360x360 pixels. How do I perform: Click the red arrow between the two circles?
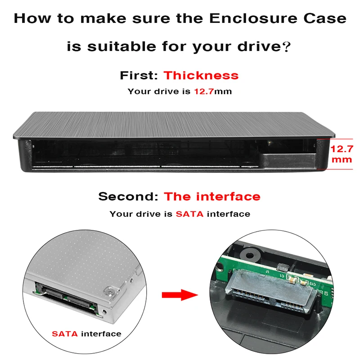click(x=180, y=295)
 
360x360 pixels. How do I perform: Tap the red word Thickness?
click(x=201, y=75)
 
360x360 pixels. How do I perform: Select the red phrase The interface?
click(x=212, y=197)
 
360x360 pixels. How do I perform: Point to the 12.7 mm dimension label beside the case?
click(x=342, y=154)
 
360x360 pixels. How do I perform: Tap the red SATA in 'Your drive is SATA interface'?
click(x=189, y=214)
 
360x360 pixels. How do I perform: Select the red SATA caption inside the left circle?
click(x=65, y=333)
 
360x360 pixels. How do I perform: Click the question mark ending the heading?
click(x=285, y=47)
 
